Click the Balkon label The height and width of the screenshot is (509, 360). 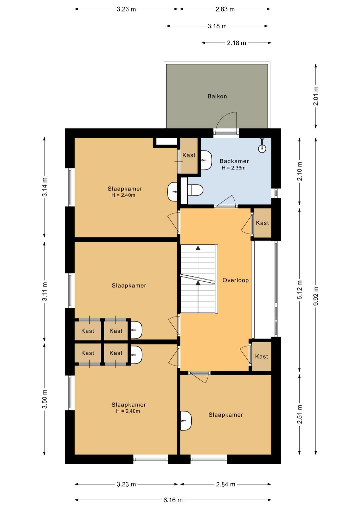(217, 96)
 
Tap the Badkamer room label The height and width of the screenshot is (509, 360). (234, 161)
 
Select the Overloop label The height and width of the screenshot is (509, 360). (236, 280)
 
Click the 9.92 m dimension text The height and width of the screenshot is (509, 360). (316, 296)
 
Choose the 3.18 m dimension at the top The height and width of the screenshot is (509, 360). (217, 26)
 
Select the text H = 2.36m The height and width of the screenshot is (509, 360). (233, 168)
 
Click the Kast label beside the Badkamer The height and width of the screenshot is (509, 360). (189, 155)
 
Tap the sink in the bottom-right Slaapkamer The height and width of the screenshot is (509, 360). (186, 421)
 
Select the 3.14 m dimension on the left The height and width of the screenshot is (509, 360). (45, 186)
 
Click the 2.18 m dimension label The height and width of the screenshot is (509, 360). (236, 43)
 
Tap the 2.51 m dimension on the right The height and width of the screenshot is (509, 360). (300, 414)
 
